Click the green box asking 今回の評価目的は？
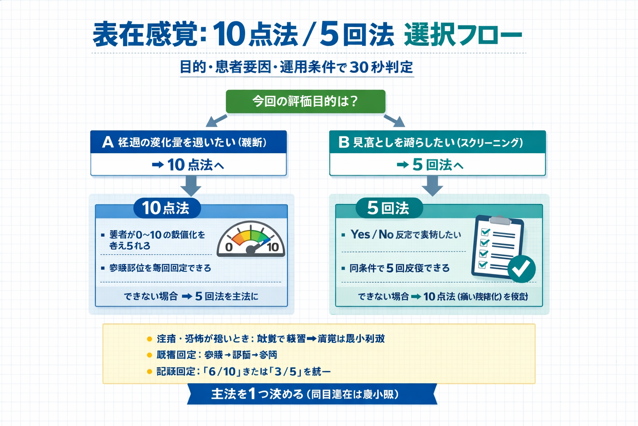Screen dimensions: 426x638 (x=305, y=102)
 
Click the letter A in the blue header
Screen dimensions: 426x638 (x=108, y=142)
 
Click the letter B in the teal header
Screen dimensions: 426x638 (x=344, y=142)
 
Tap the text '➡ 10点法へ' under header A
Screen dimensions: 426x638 (x=188, y=165)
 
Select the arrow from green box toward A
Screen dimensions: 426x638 (x=216, y=121)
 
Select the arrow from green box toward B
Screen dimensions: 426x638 (x=395, y=121)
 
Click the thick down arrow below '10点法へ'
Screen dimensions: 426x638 (x=191, y=185)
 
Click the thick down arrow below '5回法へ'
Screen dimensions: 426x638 (x=432, y=185)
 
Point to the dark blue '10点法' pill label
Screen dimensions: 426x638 (x=167, y=208)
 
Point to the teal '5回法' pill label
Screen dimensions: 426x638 (x=389, y=208)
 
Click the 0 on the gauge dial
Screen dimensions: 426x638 (x=228, y=248)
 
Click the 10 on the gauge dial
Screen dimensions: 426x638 (x=273, y=248)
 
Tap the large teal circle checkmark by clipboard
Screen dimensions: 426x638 (x=521, y=269)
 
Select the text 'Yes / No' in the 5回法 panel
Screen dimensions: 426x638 (x=372, y=235)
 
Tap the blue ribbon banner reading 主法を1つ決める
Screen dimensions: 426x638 (x=312, y=394)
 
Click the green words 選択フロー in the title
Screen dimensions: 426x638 (x=463, y=35)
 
